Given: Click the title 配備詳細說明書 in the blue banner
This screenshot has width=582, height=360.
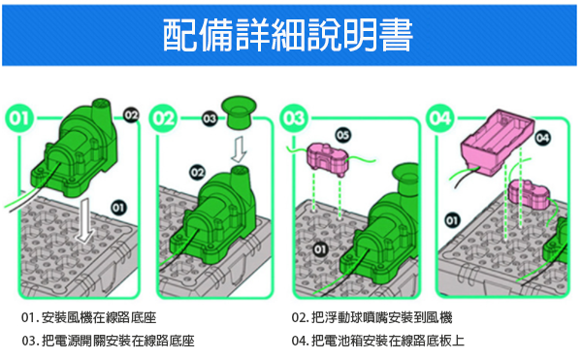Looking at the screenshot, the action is [288, 35].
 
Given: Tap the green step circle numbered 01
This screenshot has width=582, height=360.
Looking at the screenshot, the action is [19, 118].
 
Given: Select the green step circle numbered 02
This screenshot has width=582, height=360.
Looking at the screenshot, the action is [163, 118].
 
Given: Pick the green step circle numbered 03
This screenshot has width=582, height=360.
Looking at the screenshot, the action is [294, 118].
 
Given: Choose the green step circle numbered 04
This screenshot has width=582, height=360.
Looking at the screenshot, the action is [439, 118].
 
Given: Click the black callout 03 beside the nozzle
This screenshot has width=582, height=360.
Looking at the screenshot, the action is [210, 118].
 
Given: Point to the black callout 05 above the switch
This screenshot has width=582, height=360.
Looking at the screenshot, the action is [343, 135].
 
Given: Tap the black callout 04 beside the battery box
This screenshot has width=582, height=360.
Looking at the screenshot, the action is [542, 138].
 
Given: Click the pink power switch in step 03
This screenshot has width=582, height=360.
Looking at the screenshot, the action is [327, 159].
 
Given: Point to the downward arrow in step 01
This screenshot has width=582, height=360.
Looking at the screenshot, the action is [85, 220].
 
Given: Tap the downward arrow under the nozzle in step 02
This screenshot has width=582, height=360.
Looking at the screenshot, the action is [239, 149].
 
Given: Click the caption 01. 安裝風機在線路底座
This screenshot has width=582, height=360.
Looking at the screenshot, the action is [89, 317].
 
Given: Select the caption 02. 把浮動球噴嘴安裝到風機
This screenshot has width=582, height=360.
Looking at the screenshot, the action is [372, 317].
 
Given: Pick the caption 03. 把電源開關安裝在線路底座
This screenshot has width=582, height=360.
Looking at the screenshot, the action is [108, 341].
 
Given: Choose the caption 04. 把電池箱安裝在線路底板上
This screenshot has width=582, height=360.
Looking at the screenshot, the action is [378, 341].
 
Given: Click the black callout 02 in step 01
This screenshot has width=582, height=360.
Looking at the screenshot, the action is [131, 115].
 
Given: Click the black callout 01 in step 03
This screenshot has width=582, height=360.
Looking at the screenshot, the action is [320, 249].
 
